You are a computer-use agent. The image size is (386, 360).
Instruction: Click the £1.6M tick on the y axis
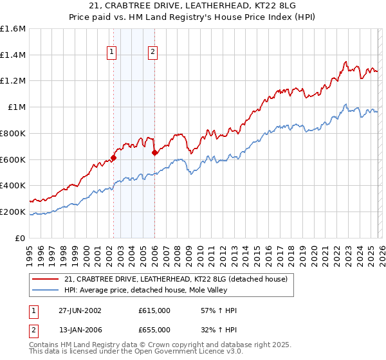click(13, 29)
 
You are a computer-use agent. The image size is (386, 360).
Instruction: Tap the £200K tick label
click(13, 212)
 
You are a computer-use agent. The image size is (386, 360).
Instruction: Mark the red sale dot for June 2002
click(114, 157)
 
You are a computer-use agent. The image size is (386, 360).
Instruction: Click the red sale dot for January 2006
click(154, 152)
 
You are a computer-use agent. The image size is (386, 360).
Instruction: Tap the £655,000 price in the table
click(154, 329)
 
